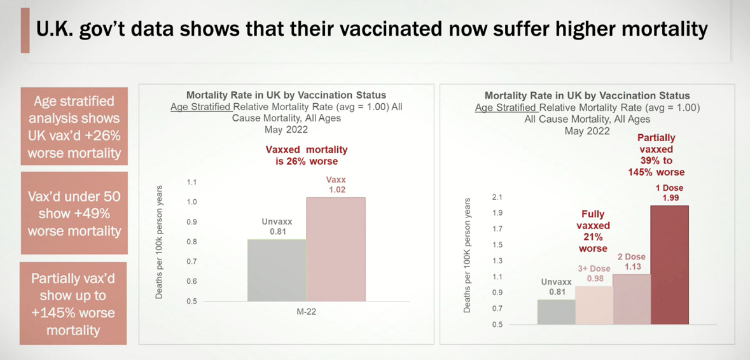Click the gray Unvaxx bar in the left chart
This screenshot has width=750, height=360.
(x=277, y=270)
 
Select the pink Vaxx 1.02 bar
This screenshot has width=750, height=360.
(x=336, y=249)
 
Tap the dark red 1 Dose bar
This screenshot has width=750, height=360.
(x=669, y=265)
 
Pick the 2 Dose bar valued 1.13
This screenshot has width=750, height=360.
(x=632, y=299)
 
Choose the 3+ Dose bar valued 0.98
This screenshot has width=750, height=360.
(x=594, y=305)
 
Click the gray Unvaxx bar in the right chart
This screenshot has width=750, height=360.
(x=556, y=312)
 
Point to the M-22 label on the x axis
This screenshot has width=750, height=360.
(x=306, y=312)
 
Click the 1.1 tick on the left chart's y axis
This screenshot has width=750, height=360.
(x=191, y=183)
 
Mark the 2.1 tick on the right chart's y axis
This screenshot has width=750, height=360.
(x=497, y=197)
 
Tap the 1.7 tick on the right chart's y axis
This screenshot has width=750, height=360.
(x=497, y=229)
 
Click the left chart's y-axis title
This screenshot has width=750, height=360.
(x=159, y=242)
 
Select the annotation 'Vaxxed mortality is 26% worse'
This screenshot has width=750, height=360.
(x=306, y=156)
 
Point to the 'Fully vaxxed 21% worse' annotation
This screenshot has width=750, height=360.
(x=593, y=231)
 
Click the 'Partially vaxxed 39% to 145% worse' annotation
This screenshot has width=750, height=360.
(x=656, y=155)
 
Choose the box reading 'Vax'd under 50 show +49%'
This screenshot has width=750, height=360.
(x=74, y=213)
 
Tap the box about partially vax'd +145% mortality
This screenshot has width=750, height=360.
(x=74, y=304)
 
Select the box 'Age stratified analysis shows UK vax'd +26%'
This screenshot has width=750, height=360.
(x=74, y=127)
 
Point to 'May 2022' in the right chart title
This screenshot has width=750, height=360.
(x=587, y=131)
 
